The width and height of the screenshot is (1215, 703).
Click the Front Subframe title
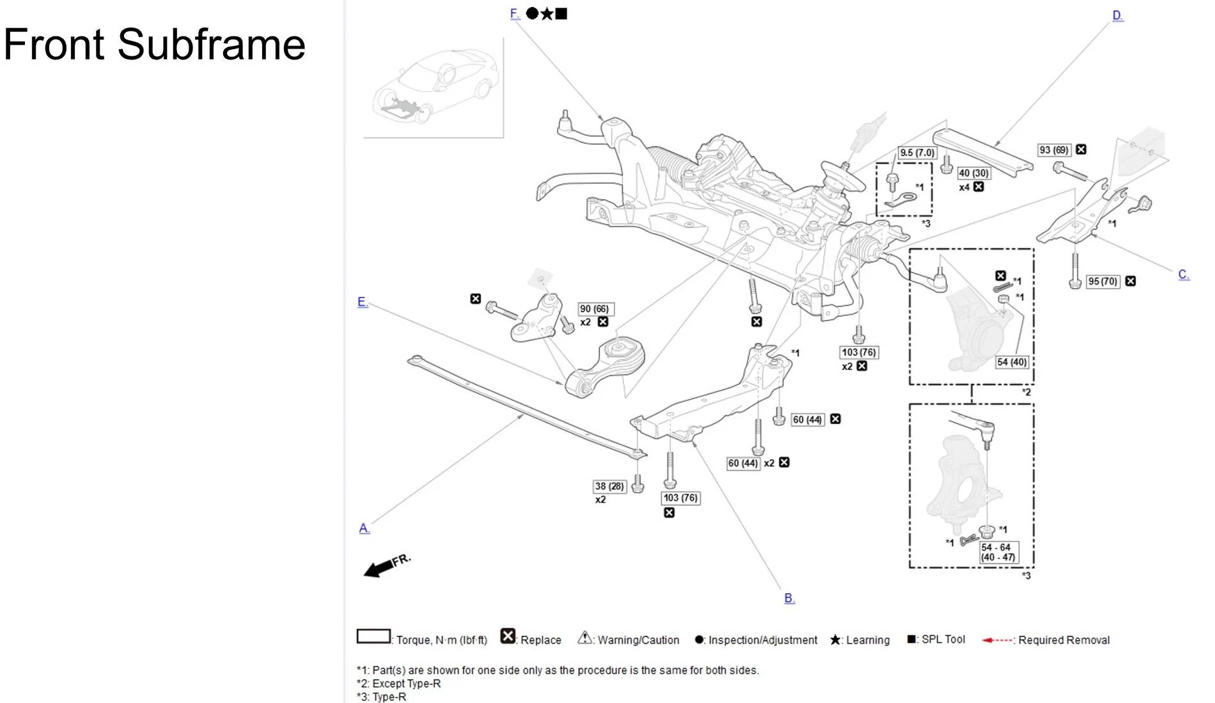(x=154, y=45)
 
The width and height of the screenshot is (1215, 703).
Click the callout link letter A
(x=364, y=528)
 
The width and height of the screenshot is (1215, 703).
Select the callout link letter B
(x=789, y=599)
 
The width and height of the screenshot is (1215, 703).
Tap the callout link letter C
(x=1183, y=275)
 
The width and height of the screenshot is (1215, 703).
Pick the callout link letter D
(x=1117, y=16)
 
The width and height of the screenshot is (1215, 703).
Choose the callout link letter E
(x=362, y=303)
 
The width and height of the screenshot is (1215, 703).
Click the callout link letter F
(x=514, y=14)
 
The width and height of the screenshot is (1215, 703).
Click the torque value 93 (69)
(x=1054, y=150)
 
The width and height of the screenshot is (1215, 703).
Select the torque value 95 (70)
(x=1102, y=281)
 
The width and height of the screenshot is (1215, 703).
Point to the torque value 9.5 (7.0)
(x=917, y=153)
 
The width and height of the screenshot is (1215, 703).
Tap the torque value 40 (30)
(x=973, y=173)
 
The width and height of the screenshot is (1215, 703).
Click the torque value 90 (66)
(x=594, y=309)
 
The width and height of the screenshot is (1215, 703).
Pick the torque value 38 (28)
(x=609, y=486)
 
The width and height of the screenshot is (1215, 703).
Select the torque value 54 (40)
(x=1012, y=362)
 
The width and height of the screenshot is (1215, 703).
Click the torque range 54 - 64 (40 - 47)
(x=998, y=552)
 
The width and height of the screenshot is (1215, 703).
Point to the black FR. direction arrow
(x=379, y=567)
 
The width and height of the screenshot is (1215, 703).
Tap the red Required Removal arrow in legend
(x=997, y=640)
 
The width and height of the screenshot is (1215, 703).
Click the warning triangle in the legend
(x=584, y=638)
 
